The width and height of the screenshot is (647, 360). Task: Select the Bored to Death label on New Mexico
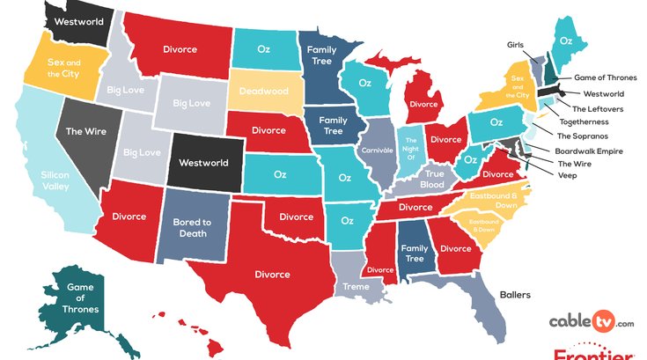pyautogui.click(x=192, y=228)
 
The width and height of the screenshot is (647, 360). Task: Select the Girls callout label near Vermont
pyautogui.click(x=516, y=44)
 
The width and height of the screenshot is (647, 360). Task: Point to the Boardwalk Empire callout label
pyautogui.click(x=589, y=151)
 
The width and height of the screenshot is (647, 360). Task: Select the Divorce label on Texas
pyautogui.click(x=272, y=274)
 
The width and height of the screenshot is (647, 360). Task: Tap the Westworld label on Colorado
pyautogui.click(x=203, y=163)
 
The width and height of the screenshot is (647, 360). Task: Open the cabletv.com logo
pyautogui.click(x=592, y=323)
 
